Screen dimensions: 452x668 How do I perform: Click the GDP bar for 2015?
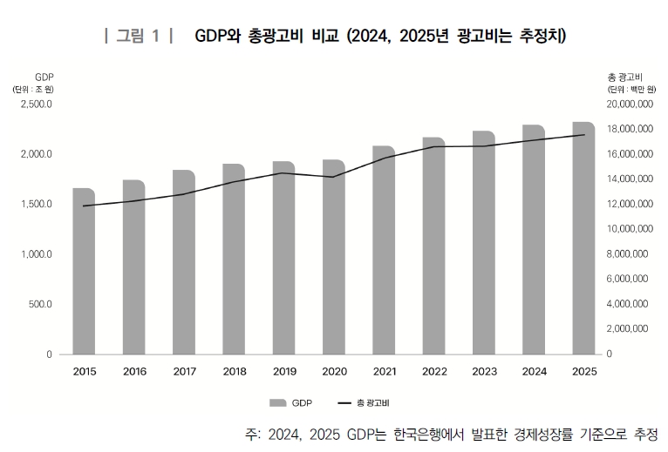tap(84, 271)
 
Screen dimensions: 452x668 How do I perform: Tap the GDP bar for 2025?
tap(583, 238)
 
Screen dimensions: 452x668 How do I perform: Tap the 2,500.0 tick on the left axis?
tap(37, 105)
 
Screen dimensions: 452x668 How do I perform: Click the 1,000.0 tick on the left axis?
tap(37, 254)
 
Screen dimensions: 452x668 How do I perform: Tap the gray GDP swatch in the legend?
tap(277, 403)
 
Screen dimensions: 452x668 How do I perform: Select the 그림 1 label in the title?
tap(138, 36)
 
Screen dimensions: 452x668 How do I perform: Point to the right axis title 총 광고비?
tap(624, 78)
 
